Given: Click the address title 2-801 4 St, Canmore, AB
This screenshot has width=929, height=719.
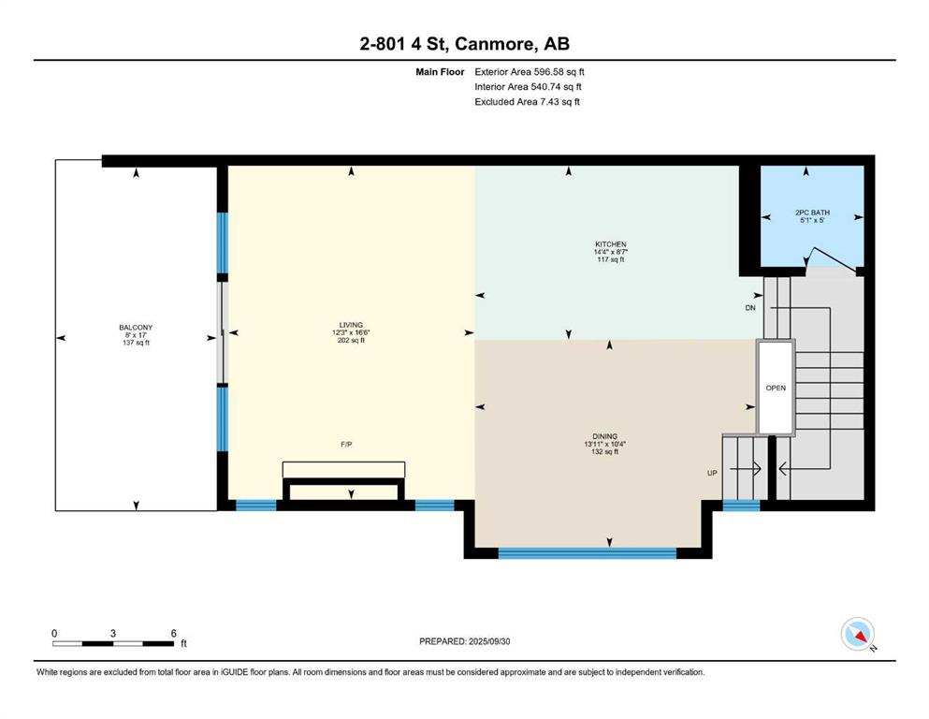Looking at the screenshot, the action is coord(464,44).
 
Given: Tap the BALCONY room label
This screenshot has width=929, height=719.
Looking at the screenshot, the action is coord(136,327).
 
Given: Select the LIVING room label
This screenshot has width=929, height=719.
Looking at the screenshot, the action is coord(351,325).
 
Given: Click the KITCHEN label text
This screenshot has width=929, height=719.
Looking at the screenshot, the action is coord(611,244).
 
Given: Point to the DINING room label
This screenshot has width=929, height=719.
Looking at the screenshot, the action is coord(604,436).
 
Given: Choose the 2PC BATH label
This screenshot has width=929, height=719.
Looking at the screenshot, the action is coord(812,213).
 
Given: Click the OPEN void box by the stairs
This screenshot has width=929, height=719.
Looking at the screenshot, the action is coord(776,388).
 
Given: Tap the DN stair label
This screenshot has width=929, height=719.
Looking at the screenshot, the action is coord(750,308).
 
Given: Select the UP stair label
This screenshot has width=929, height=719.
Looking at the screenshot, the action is coord(712,473).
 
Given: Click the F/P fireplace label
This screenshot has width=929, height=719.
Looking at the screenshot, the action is coord(346,444).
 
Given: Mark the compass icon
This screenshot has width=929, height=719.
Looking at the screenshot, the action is coord(858,634).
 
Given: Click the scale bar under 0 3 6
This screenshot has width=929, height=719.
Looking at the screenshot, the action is coord(112,644).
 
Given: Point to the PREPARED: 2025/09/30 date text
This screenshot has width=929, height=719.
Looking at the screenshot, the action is coord(464,641).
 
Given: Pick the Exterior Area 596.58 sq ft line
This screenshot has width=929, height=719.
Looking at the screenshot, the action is coord(530,72).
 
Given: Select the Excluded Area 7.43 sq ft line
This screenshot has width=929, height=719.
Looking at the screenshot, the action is coord(527,101).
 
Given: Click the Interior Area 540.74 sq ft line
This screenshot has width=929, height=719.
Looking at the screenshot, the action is coord(528,86).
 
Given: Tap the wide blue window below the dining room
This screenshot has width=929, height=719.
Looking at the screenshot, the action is coord(588,553).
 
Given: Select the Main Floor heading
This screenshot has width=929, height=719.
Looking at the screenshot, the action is coord(440,72).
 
